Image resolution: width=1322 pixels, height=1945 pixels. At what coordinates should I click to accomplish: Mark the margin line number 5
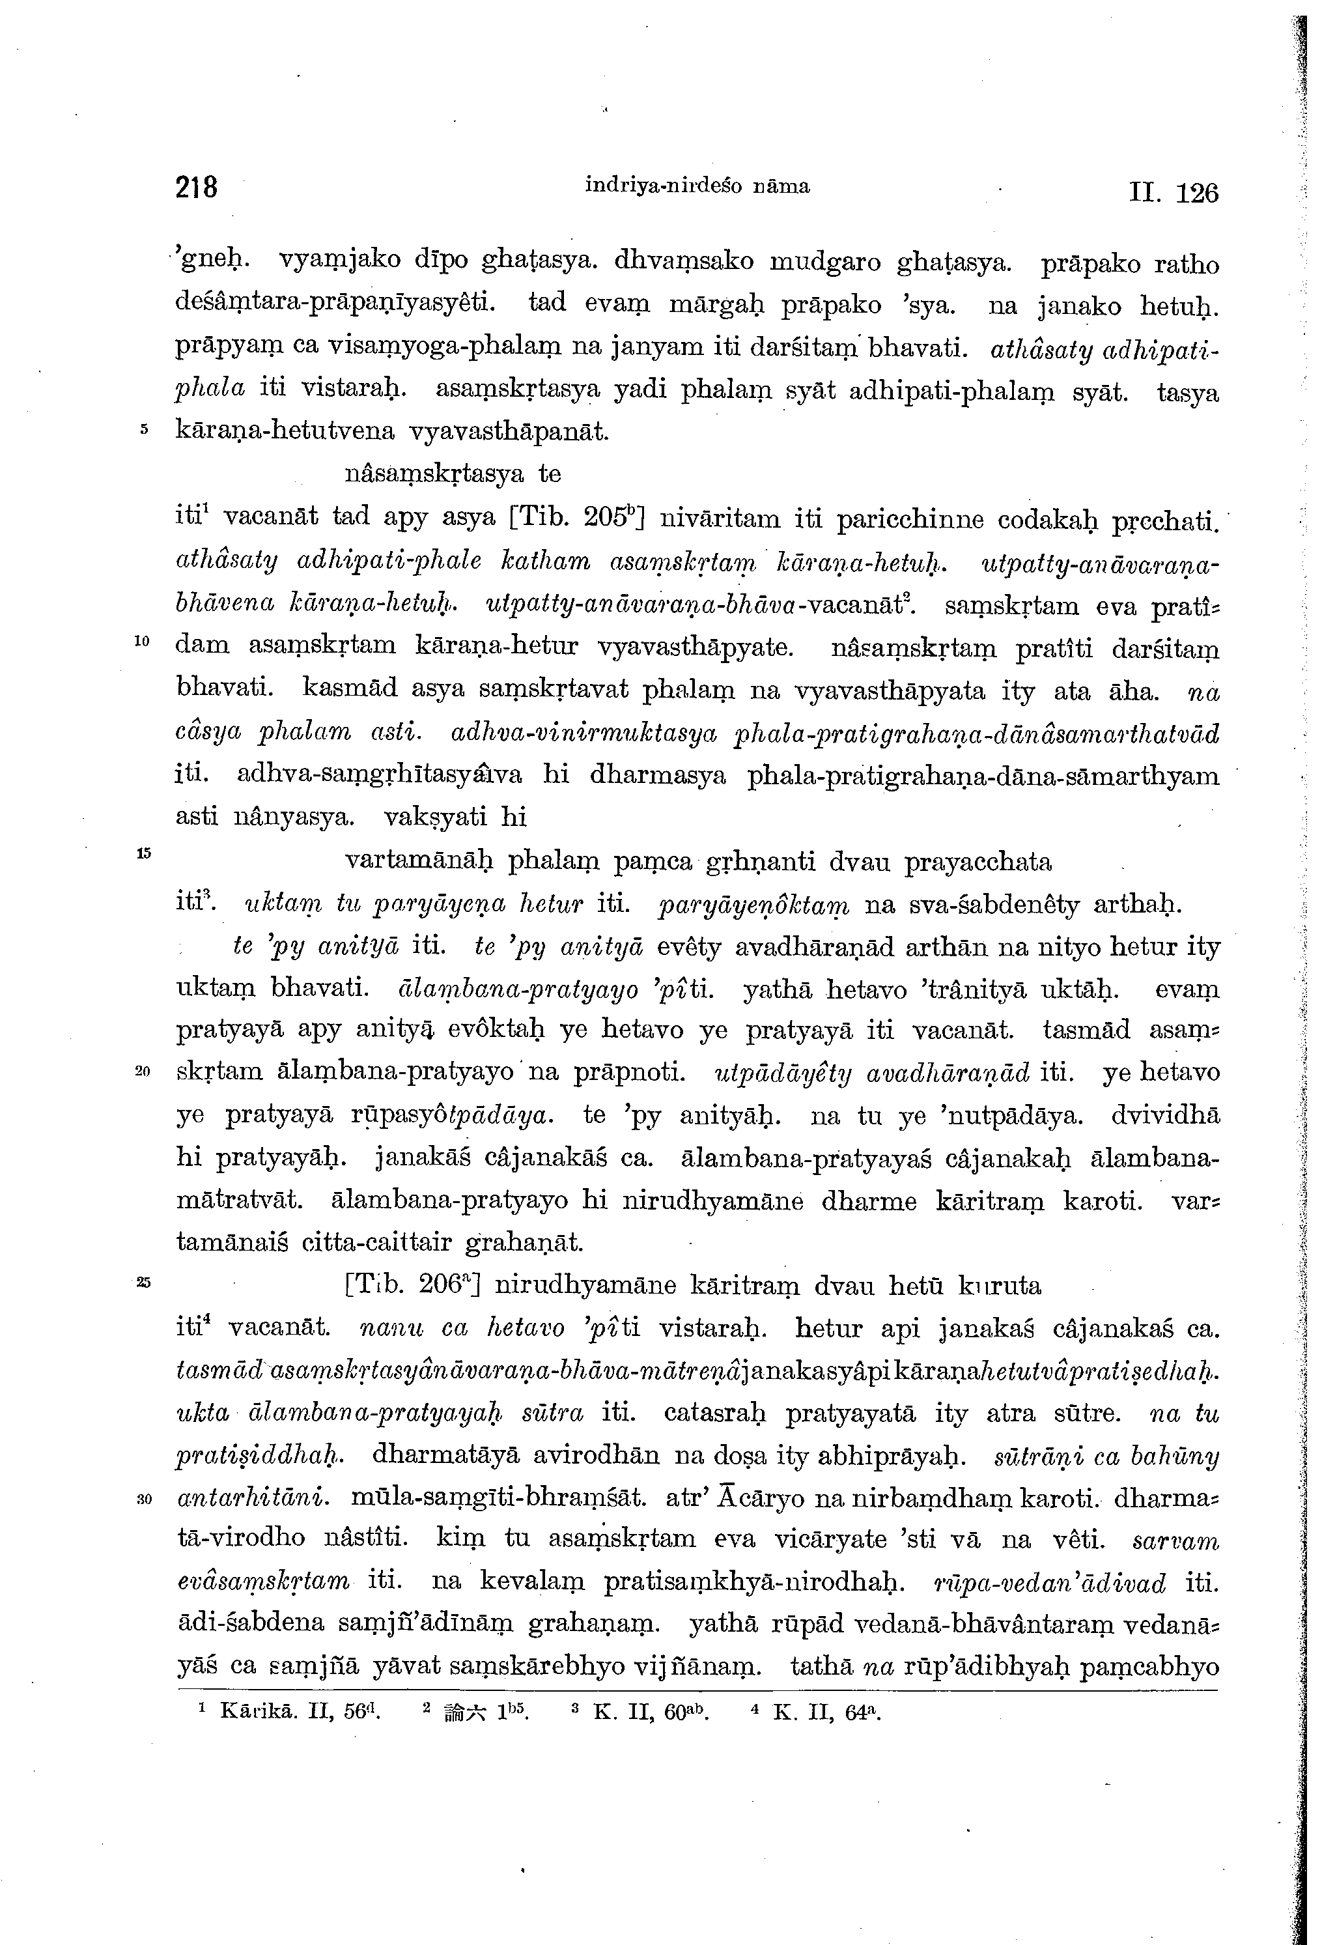coord(144,429)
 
